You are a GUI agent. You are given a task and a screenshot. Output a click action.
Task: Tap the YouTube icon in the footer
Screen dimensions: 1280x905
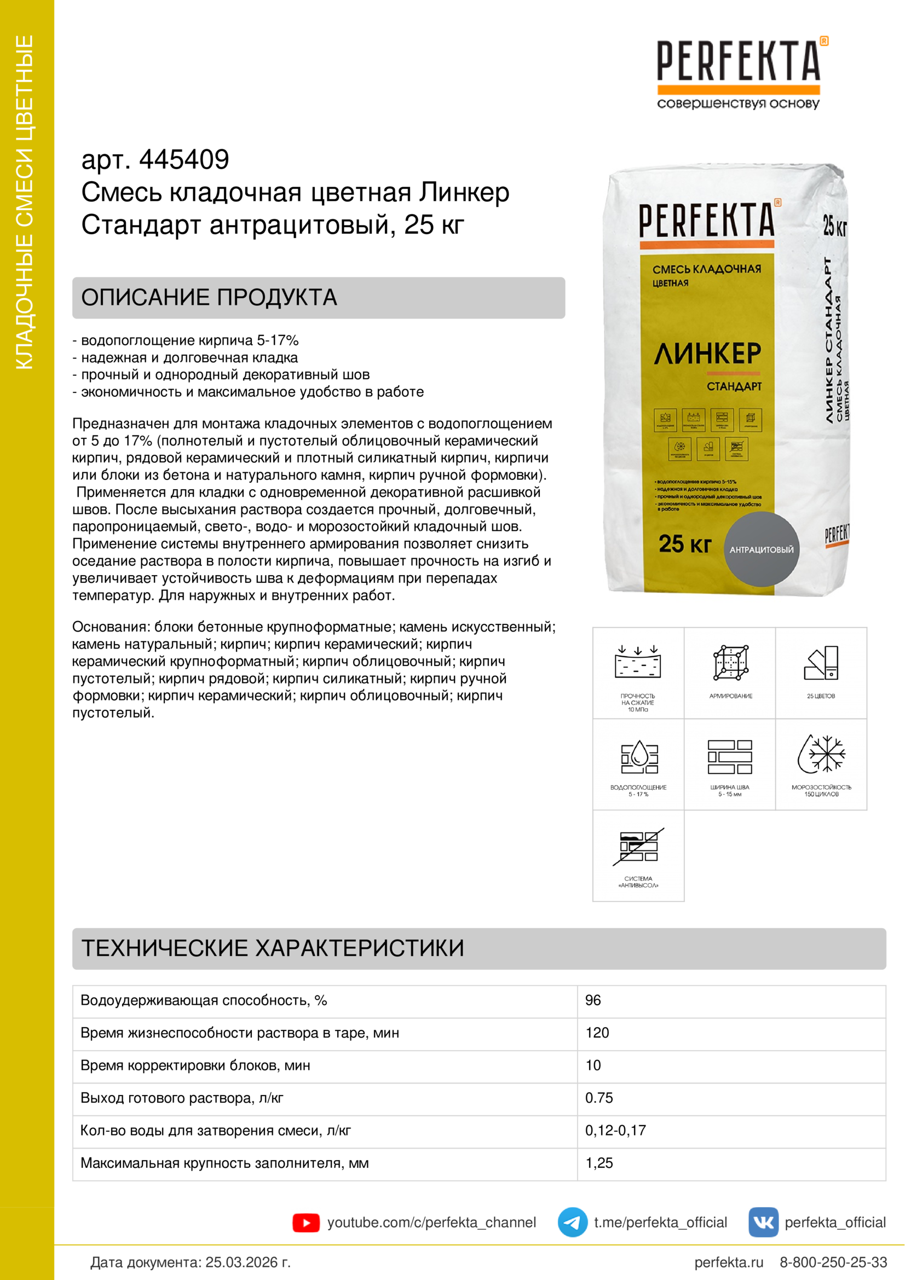(x=305, y=1223)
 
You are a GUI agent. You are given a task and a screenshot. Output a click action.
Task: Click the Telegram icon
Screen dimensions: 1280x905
(x=572, y=1222)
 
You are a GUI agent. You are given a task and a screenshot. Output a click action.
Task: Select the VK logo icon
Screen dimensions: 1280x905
(x=763, y=1222)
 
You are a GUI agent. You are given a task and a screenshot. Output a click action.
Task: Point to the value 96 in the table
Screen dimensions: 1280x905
(x=593, y=1000)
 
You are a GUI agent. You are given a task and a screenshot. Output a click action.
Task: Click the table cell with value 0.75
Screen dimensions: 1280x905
(x=598, y=1098)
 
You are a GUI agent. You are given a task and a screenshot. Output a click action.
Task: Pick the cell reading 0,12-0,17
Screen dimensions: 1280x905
(x=615, y=1130)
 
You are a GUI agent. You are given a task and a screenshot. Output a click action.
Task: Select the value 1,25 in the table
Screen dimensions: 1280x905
(x=598, y=1163)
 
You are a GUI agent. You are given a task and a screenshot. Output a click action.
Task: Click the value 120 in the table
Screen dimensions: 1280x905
(x=597, y=1033)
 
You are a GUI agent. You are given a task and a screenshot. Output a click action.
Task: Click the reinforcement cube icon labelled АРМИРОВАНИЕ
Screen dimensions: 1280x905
(x=730, y=663)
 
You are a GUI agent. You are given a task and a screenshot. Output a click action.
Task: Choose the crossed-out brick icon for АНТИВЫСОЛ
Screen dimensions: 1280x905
(x=638, y=846)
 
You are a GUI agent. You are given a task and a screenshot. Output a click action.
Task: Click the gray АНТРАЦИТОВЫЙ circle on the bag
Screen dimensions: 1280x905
(x=761, y=549)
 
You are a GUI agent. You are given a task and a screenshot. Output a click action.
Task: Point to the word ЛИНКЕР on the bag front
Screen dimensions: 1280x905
(x=707, y=354)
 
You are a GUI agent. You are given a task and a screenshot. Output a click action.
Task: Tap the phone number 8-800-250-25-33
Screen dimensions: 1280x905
(x=833, y=1262)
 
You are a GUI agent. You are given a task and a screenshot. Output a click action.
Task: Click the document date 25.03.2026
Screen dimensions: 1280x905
(x=247, y=1262)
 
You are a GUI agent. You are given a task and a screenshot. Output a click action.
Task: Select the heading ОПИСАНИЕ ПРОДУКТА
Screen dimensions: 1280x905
(x=209, y=298)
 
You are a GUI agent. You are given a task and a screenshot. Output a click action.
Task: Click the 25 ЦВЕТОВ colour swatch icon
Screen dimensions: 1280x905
(x=821, y=663)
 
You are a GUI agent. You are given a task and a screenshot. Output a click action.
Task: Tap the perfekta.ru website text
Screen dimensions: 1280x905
(x=728, y=1262)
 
